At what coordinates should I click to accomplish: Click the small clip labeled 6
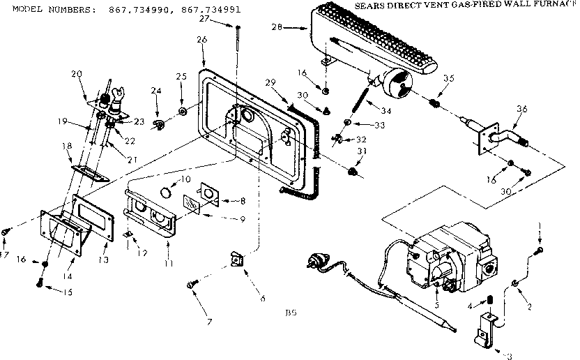pos(237,262)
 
